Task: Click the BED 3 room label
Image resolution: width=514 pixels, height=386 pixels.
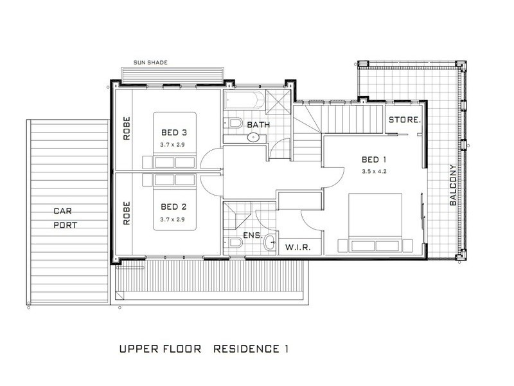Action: pos(174,133)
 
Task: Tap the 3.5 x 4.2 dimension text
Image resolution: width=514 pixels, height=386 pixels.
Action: pos(375,171)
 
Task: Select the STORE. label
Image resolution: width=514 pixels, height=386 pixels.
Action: pos(405,120)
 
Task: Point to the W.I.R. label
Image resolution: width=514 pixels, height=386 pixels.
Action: pos(298,247)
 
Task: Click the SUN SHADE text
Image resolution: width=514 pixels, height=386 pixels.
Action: pos(150,62)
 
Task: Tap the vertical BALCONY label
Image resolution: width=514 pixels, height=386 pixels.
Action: pos(453,185)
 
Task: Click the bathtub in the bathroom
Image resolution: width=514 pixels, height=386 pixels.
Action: pos(244,100)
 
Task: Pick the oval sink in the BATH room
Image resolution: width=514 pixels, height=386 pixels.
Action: pos(253,137)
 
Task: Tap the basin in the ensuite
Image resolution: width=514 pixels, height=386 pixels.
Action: pos(270,243)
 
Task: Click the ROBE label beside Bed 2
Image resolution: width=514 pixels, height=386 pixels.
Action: pos(127,213)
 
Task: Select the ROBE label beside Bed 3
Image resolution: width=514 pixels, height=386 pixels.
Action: pos(127,128)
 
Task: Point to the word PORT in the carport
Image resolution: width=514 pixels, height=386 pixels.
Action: pos(66,225)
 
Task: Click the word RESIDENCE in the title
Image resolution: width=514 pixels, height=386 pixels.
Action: pos(246,349)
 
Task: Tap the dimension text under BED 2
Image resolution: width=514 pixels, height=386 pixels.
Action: pos(172,219)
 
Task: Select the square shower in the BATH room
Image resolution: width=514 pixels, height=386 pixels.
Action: pos(278,102)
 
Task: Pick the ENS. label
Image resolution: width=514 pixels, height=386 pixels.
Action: pos(253,235)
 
